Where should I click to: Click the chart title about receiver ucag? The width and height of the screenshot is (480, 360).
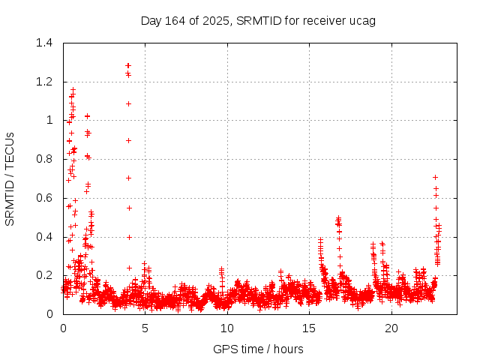pos(258,20)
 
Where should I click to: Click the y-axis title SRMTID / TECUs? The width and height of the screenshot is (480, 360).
pos(10,178)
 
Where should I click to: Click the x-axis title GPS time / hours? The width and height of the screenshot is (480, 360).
pos(258,349)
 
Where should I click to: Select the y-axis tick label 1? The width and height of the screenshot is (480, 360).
pos(49,120)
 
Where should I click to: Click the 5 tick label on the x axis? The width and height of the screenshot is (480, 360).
pos(145,328)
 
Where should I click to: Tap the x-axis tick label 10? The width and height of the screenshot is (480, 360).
pos(226,328)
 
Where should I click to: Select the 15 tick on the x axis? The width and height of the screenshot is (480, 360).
pos(309,328)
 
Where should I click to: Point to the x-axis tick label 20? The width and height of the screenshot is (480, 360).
pos(391,328)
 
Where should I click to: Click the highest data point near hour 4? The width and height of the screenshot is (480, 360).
pos(128,65)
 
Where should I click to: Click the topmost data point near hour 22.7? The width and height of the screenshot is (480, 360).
pos(435,177)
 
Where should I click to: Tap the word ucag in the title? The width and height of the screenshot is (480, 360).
pos(363,20)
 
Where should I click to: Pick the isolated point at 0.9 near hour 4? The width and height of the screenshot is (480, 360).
pos(128,140)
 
